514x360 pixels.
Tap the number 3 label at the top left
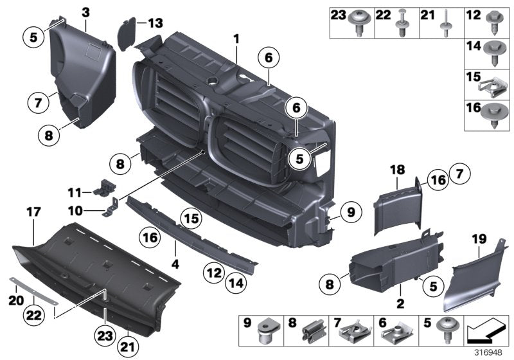point(85,12)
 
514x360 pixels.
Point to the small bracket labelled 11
point(103,188)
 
